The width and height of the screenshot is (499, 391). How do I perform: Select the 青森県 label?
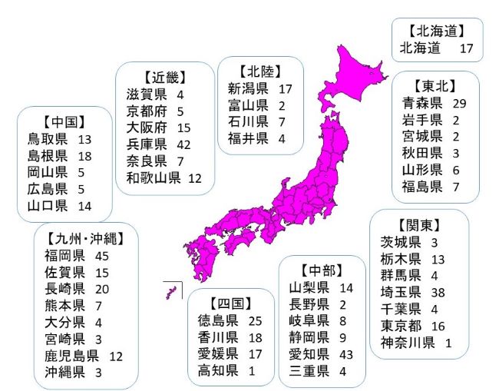421,102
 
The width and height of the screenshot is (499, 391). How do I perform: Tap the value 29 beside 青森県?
461,102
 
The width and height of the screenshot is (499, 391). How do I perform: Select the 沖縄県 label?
64,373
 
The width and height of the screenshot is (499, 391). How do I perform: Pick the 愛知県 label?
309,354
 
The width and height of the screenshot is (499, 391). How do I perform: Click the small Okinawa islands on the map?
171,292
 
